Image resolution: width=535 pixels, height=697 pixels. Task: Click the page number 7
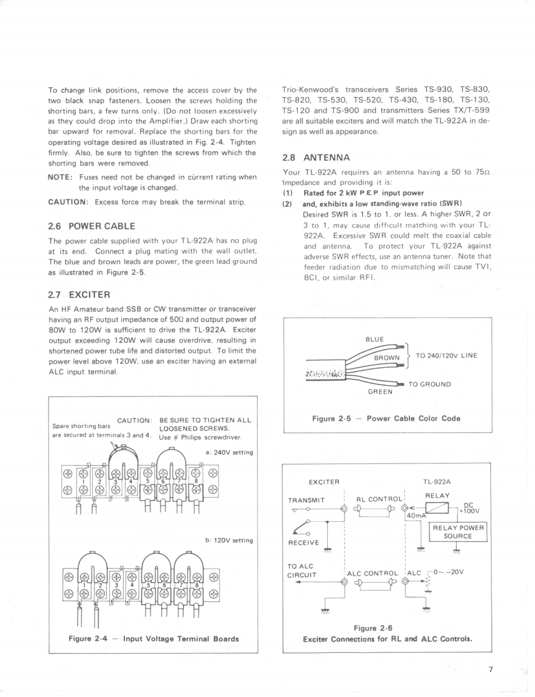pos(490,670)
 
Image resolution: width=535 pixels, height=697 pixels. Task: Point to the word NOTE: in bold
pos(61,177)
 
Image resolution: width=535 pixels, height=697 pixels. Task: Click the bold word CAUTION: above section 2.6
pos(69,202)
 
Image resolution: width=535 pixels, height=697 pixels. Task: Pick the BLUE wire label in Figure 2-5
pos(374,339)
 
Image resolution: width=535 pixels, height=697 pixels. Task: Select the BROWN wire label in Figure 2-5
pos(387,358)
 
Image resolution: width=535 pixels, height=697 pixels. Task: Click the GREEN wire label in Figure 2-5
pos(379,391)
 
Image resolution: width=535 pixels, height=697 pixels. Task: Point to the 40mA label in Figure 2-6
pos(416,516)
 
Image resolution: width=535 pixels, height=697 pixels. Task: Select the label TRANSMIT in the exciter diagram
pos(308,499)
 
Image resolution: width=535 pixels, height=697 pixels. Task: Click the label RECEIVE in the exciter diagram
pos(304,542)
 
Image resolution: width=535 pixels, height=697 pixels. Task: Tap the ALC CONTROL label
pos(373,573)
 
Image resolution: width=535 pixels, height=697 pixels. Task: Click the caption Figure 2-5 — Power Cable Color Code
pos(386,418)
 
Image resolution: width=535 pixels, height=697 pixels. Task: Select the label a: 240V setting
pos(229,452)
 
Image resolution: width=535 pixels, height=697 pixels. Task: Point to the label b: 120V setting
pos(229,540)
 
